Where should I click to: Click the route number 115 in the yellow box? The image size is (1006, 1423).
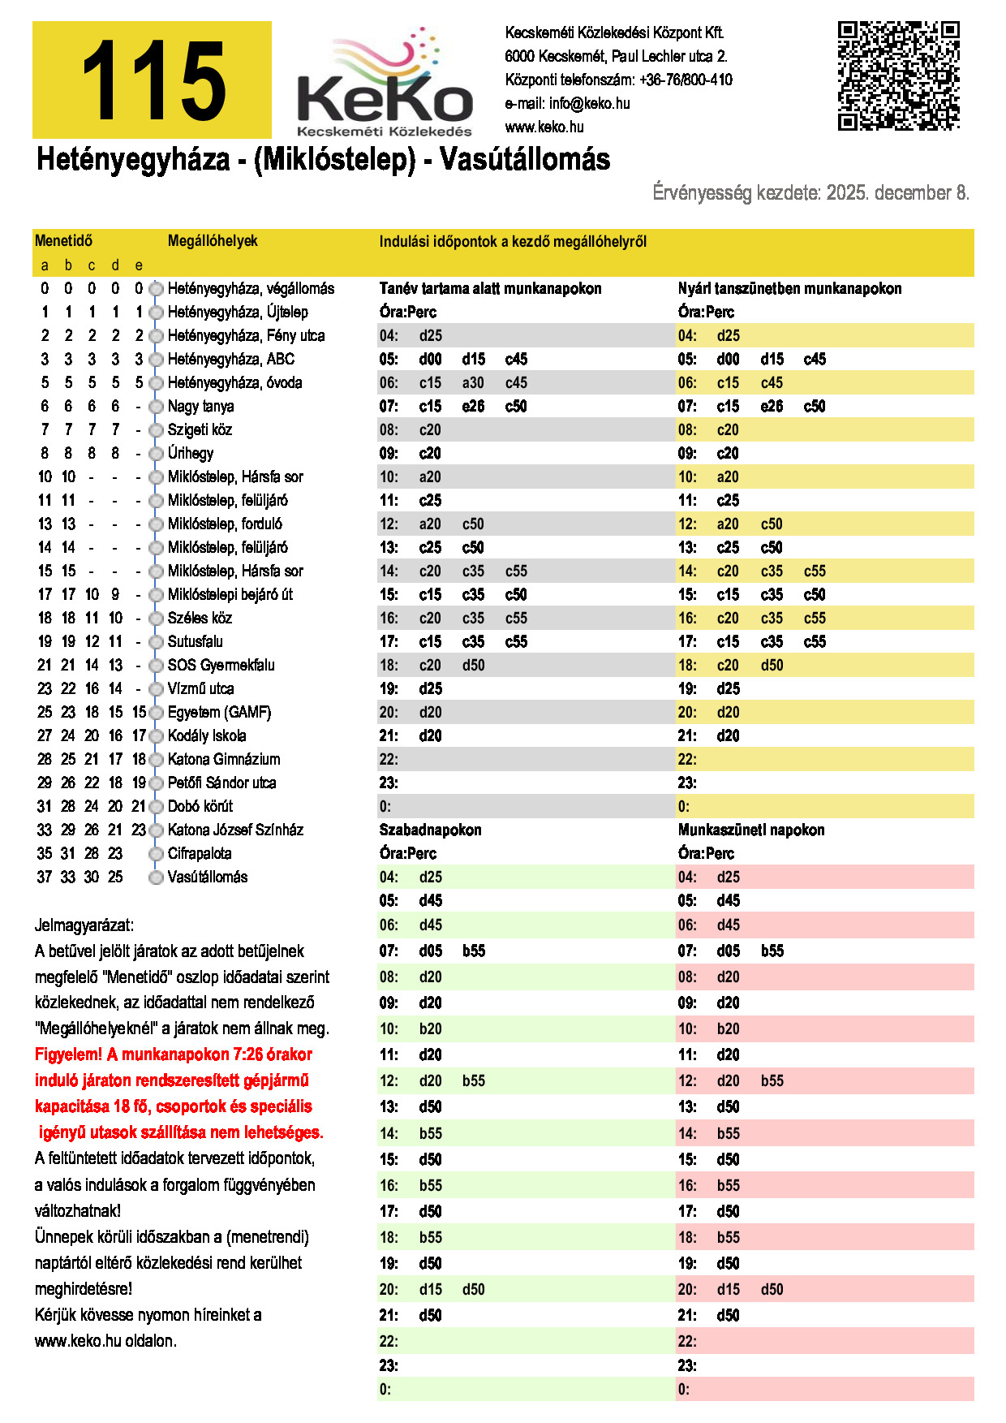point(153,81)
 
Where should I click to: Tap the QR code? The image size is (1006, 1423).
point(898,75)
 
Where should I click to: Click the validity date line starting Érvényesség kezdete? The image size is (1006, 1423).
point(810,193)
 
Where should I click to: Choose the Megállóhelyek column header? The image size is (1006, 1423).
point(213,241)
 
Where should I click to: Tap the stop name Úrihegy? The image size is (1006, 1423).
point(191,453)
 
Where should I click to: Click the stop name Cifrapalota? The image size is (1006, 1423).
point(200,853)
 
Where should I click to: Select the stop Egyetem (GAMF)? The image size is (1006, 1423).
point(219,712)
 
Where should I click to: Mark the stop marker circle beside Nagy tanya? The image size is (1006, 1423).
point(156,407)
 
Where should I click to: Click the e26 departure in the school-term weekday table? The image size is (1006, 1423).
point(473,406)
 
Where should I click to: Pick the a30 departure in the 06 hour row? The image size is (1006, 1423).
point(473,382)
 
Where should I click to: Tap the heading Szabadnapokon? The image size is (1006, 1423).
point(430,830)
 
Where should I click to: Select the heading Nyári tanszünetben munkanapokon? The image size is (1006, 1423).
point(789,288)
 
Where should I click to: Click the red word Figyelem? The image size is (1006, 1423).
point(68,1054)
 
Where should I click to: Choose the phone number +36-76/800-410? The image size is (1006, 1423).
point(686,80)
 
